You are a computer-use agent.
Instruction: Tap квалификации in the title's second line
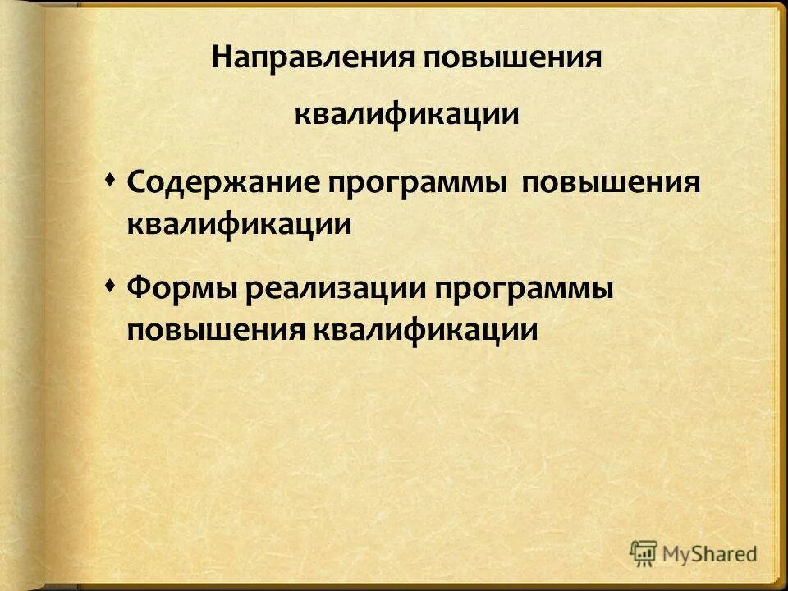tap(406, 114)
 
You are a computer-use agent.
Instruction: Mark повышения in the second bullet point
tap(215, 330)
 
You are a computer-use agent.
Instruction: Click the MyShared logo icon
tap(644, 552)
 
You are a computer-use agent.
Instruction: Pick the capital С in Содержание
tap(136, 182)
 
